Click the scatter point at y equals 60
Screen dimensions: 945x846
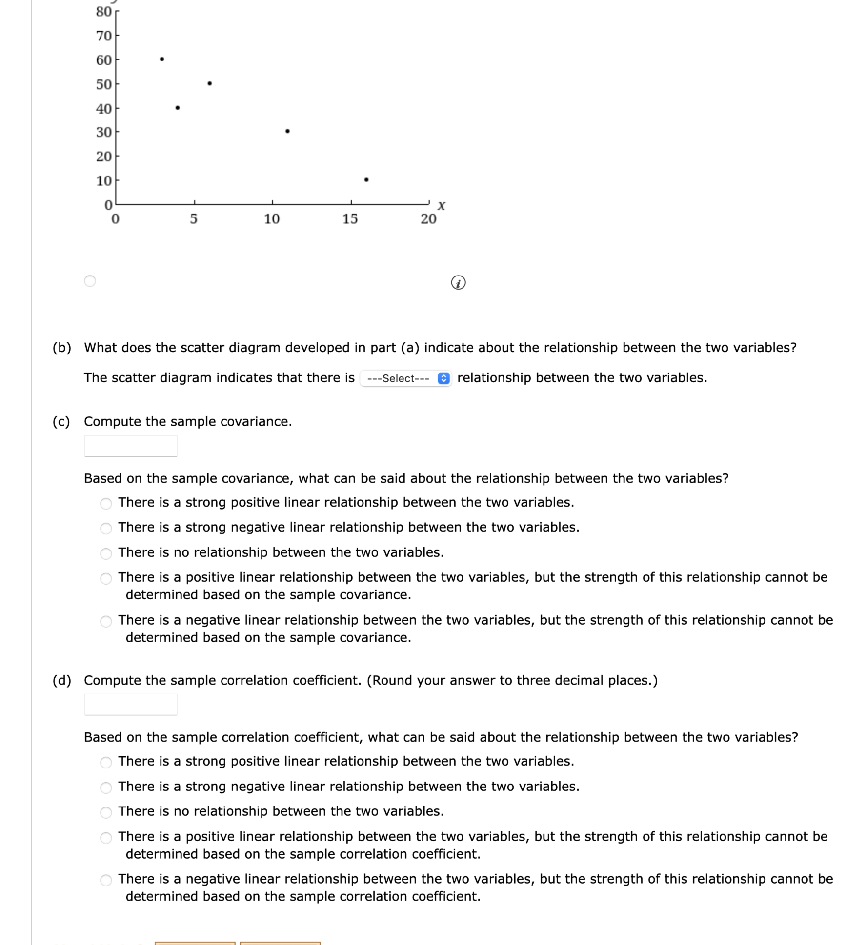coord(162,59)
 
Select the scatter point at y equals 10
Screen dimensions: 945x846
coord(366,180)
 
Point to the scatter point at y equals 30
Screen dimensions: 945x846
coord(287,131)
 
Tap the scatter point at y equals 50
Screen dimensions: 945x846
coord(210,83)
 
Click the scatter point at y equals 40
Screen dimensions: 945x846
coord(178,108)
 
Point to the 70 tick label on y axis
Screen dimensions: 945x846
coord(103,36)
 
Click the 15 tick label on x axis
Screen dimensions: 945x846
coord(350,219)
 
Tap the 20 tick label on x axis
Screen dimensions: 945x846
coord(428,219)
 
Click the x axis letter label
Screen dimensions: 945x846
coord(441,206)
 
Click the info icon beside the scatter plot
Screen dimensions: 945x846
coord(458,282)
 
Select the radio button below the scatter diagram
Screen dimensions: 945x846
coord(90,281)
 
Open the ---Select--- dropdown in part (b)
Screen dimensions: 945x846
coord(405,378)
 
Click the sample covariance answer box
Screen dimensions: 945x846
coord(131,446)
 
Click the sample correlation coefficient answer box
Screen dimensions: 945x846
coord(131,705)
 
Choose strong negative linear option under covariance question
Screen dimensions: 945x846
coord(106,528)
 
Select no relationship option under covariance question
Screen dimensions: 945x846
coord(106,553)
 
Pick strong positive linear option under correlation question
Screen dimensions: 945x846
coord(106,762)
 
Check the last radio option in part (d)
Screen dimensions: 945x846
coord(106,880)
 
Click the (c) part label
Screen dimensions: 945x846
coord(61,421)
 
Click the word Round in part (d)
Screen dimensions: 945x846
coord(391,680)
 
